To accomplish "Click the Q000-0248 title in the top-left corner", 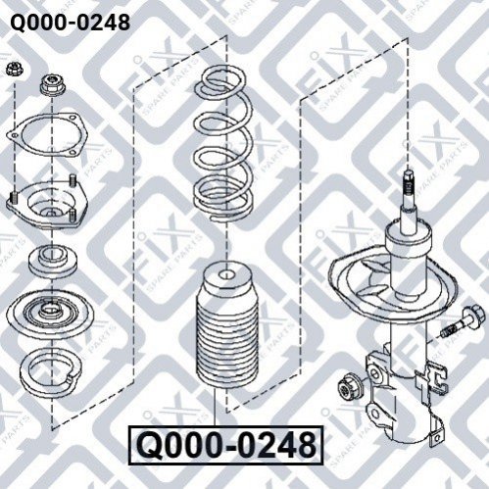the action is coord(71,23).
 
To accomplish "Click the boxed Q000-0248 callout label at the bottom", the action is coord(226,445).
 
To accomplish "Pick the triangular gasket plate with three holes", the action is coord(45,134).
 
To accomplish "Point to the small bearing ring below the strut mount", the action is coord(53,261).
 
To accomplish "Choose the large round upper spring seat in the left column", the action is coord(50,313).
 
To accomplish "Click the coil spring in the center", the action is coord(223,144).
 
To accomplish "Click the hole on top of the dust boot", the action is coord(227,274).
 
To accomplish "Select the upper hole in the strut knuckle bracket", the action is coord(375,372).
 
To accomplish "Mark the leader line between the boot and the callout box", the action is coord(216,408).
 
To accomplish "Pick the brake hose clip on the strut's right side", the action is coord(433,379).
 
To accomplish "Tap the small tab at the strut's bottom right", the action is coord(437,437).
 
